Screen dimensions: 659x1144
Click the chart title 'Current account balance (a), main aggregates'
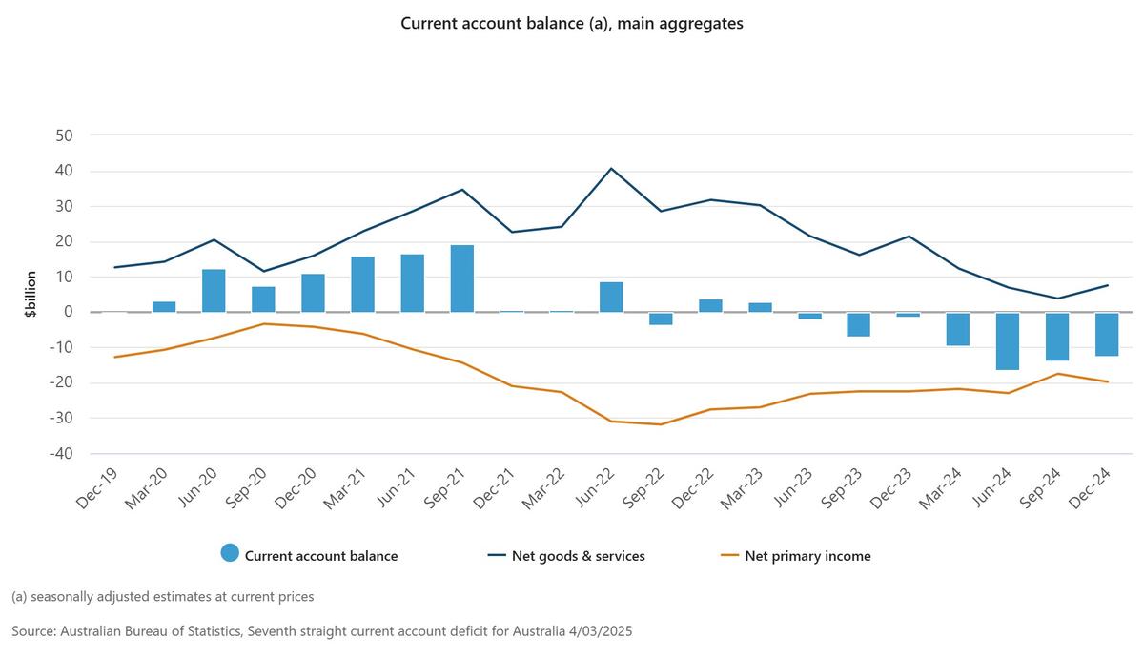pos(571,24)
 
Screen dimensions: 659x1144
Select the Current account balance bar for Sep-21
pos(461,278)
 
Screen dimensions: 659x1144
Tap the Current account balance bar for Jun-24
pos(1008,340)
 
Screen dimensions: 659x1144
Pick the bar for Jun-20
pos(214,290)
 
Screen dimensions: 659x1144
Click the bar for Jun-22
pos(611,297)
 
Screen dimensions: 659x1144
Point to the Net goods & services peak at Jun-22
pos(611,169)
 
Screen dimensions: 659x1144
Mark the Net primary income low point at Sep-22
pos(661,424)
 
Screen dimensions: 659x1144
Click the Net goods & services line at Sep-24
pos(1057,299)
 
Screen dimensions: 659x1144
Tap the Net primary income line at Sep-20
pos(263,324)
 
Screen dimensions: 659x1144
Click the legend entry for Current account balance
pos(309,555)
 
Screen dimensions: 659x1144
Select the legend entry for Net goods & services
pos(565,555)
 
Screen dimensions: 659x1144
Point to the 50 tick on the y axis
pos(63,135)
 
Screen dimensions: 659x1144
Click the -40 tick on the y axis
pos(60,454)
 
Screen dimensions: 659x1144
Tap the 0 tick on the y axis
pos(69,312)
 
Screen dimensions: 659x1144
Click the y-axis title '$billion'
pos(31,294)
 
